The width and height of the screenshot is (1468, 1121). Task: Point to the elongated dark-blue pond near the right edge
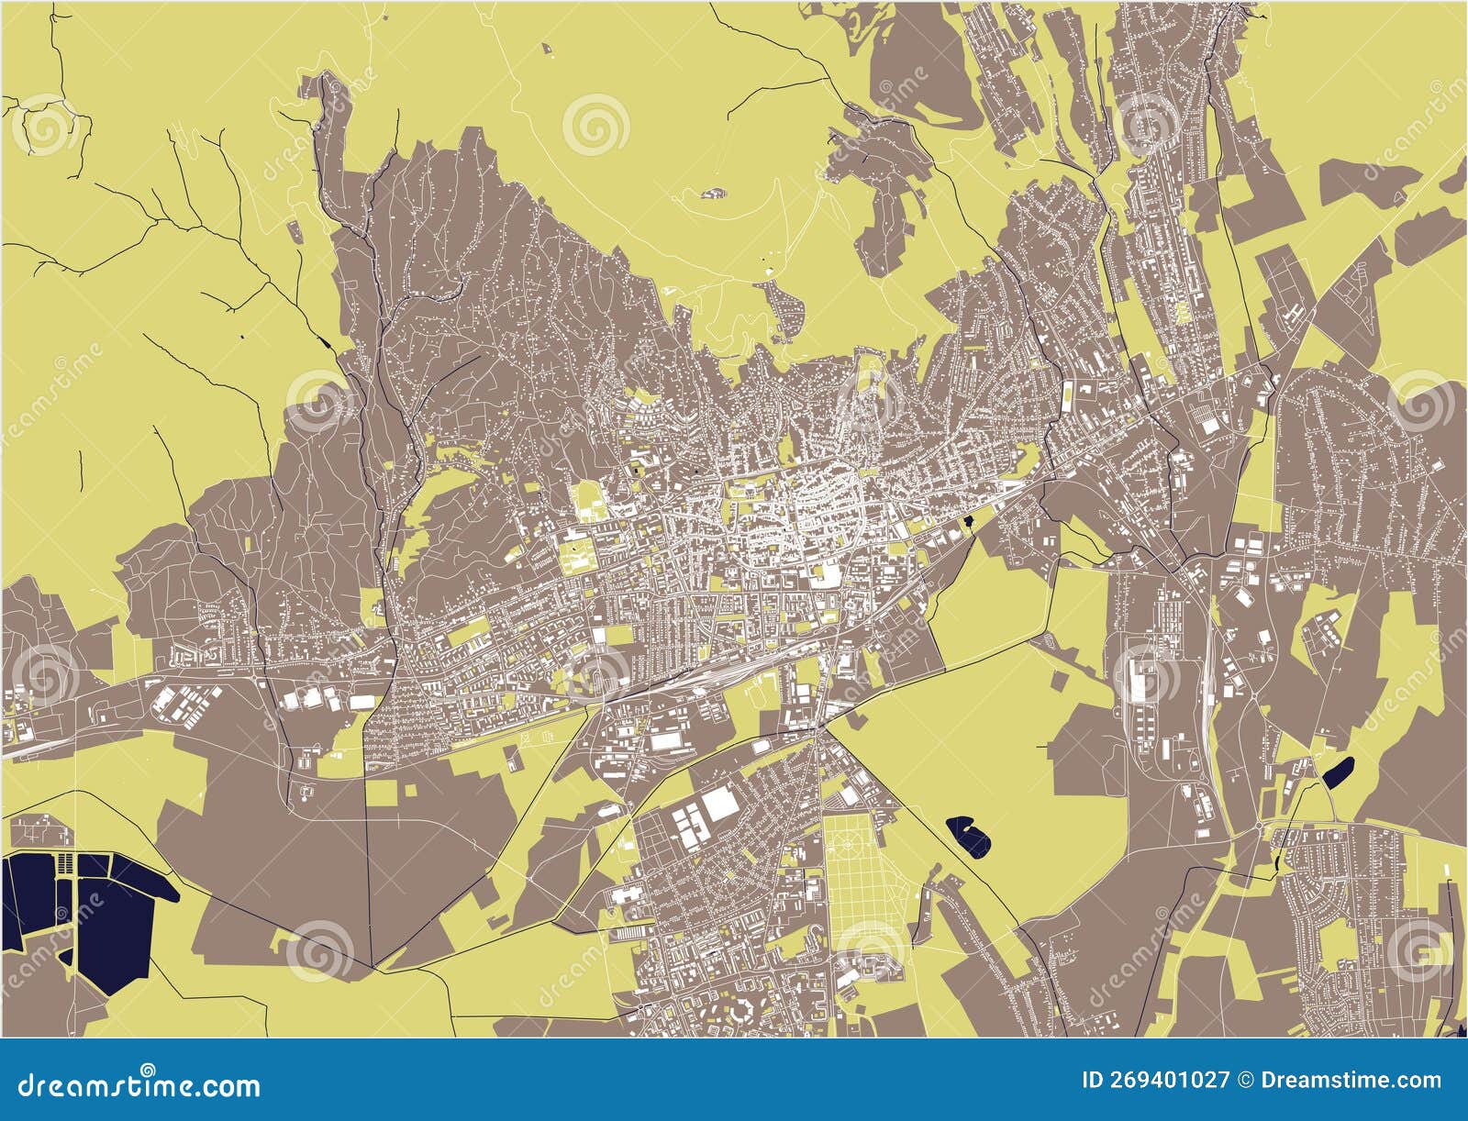click(x=1339, y=772)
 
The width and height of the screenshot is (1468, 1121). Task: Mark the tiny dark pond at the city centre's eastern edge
click(x=969, y=523)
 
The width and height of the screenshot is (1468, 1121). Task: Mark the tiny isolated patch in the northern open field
click(x=713, y=194)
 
